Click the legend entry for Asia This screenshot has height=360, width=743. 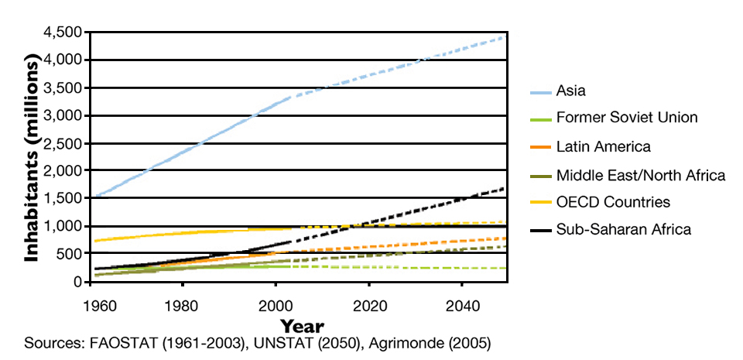pyautogui.click(x=571, y=91)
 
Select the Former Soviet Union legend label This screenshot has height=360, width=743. pyautogui.click(x=627, y=118)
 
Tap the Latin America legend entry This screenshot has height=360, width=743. pyautogui.click(x=603, y=146)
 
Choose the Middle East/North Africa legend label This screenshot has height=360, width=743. pyautogui.click(x=640, y=176)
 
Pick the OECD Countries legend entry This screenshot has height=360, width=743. pyautogui.click(x=613, y=202)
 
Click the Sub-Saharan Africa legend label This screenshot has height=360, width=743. pyautogui.click(x=623, y=229)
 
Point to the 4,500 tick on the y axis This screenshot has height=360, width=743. pyautogui.click(x=65, y=33)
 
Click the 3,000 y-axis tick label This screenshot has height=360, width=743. pyautogui.click(x=65, y=115)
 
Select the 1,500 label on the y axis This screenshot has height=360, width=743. pyautogui.click(x=65, y=198)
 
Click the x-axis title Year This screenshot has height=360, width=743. pyautogui.click(x=302, y=325)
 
